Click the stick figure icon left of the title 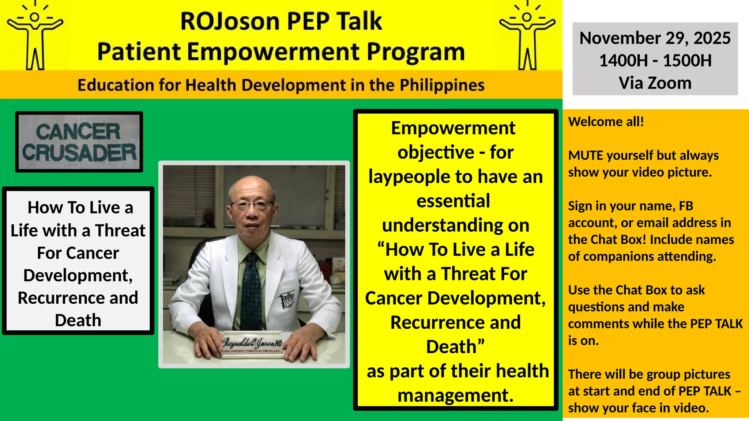35,37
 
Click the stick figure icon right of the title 527,37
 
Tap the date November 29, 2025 655,38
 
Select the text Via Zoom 655,83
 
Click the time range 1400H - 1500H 655,60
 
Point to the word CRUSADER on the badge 79,153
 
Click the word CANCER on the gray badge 78,132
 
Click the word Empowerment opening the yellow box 453,128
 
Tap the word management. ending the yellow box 455,395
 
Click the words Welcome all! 606,122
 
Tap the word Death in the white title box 78,320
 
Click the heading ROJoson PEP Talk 281,21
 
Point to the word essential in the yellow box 453,201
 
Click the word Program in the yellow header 415,52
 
